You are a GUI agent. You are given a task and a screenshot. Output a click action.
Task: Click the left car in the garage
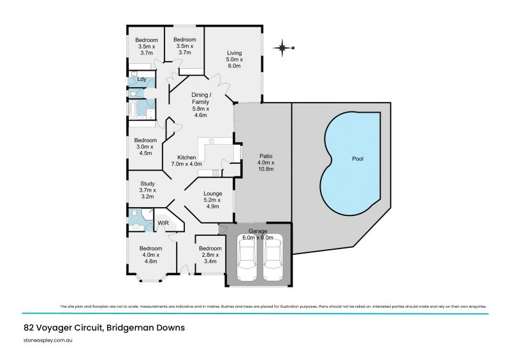pos(247,258)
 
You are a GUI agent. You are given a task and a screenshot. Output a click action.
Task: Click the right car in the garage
pos(273,258)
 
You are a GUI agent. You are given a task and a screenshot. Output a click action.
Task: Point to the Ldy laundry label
pos(142,80)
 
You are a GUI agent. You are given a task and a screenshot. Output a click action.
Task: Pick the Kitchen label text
pos(186,157)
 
